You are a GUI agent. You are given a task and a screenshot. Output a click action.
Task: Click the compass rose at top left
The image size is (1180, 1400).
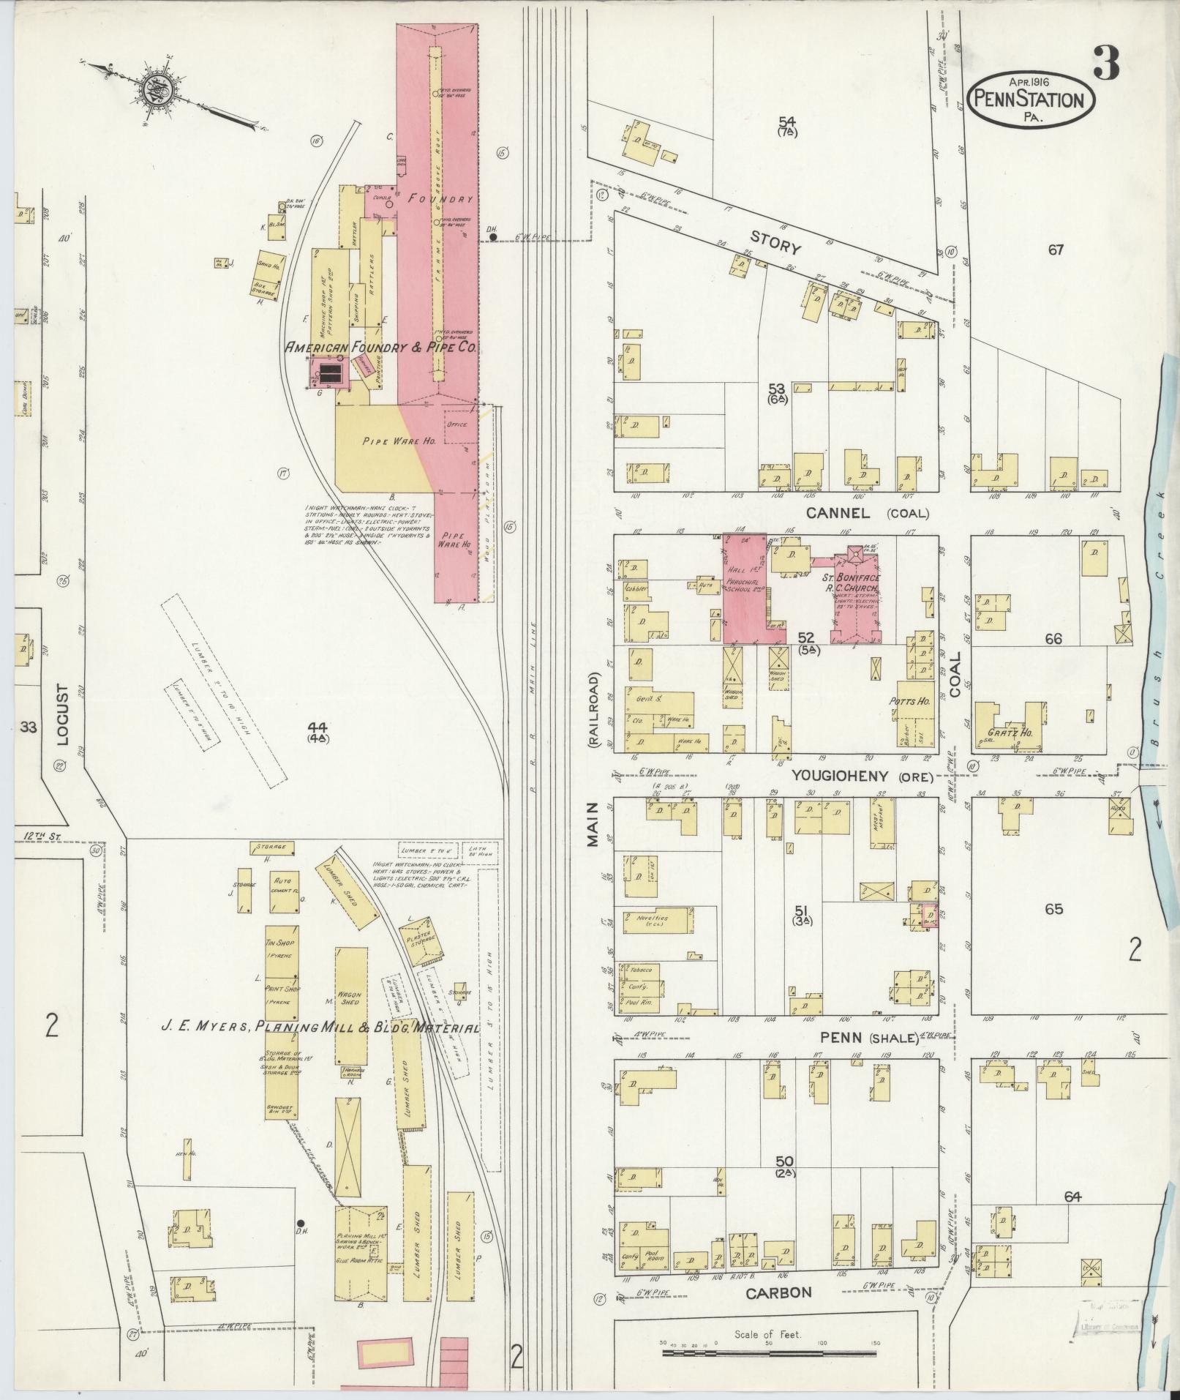coord(157,89)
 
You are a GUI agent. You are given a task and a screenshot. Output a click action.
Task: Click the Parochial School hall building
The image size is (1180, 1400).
coord(745,588)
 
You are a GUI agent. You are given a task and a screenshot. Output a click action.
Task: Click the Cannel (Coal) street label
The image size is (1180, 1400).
coord(866,513)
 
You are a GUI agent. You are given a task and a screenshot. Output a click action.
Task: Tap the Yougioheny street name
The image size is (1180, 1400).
coord(838,776)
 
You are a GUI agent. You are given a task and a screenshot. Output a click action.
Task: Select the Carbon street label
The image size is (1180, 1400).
coord(778,1292)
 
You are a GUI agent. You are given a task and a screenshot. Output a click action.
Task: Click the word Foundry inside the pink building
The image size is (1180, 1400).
coord(441,198)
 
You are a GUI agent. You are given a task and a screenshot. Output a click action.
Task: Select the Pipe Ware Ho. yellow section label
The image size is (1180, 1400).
coord(388,441)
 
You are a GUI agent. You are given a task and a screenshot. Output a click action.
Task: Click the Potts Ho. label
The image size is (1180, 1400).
coord(909,701)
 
